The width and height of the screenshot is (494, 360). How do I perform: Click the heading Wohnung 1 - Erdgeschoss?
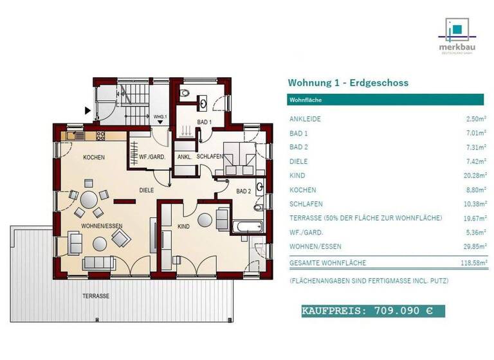tap(347, 83)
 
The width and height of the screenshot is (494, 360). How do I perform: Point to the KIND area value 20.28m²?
tap(473, 175)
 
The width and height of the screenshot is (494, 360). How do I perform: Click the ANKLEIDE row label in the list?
tap(305, 119)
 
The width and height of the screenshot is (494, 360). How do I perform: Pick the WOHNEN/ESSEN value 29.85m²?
tap(473, 246)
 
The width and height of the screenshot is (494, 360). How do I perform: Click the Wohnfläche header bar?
tap(385, 100)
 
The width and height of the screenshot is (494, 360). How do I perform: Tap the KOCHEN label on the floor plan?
tap(94, 157)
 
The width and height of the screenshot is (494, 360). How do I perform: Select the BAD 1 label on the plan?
tap(204, 122)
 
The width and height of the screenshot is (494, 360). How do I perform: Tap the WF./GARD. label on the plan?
tap(152, 157)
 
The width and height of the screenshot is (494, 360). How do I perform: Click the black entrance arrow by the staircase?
tap(87, 111)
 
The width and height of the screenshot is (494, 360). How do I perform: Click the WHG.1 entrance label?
tap(160, 116)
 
